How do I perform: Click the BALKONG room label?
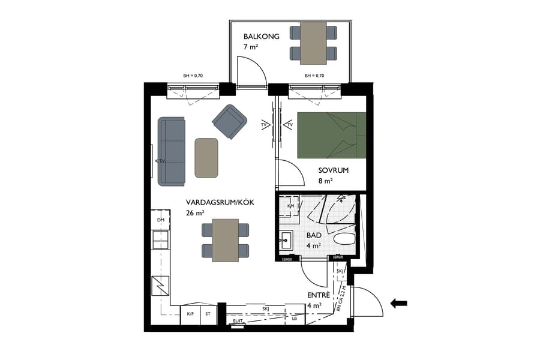(257, 37)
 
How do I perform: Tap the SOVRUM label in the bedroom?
(334, 170)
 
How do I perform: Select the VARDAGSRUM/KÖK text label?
(220, 203)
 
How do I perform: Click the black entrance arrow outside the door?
(398, 303)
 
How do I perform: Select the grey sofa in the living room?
(172, 151)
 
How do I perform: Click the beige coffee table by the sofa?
(206, 157)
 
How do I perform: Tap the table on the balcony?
(313, 43)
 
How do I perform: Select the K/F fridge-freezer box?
(190, 314)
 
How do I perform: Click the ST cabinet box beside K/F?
(208, 314)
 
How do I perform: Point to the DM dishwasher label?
(161, 220)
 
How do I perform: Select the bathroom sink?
(285, 242)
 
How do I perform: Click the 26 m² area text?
(195, 214)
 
